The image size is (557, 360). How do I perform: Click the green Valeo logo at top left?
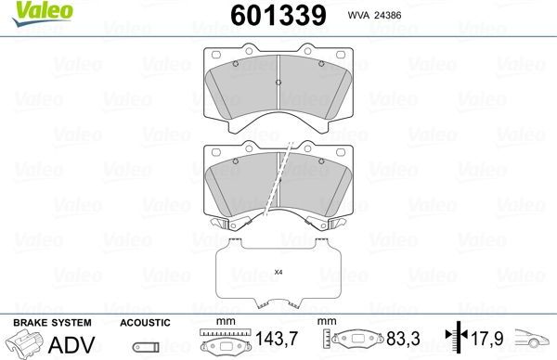[x=43, y=13]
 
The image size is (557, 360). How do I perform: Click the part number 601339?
[x=278, y=15]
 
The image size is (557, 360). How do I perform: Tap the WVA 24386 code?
[x=374, y=15]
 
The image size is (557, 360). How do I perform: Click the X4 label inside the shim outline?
[x=278, y=273]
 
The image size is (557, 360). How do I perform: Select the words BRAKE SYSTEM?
[x=52, y=323]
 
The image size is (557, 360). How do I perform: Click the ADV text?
[x=71, y=344]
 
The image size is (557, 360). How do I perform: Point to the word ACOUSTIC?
[x=145, y=323]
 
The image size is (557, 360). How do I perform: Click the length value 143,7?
[x=277, y=339]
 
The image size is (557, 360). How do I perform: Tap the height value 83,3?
[x=403, y=339]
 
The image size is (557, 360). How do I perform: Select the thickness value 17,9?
[x=487, y=339]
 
